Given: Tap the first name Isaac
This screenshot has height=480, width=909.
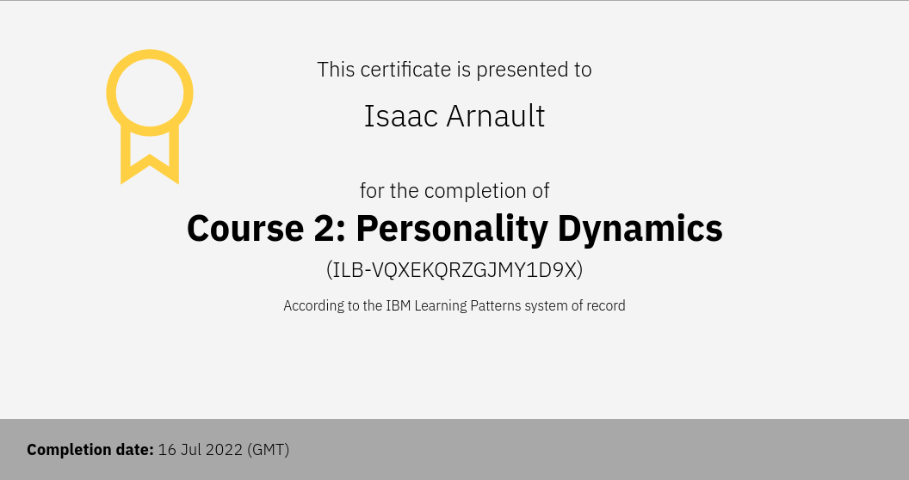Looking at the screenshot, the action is [400, 116].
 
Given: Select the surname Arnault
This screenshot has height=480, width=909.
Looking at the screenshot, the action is [496, 116].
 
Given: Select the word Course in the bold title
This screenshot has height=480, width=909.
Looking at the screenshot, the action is [245, 228].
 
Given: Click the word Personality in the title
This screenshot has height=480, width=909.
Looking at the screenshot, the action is [452, 230].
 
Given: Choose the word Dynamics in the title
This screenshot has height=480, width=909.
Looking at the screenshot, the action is [640, 230].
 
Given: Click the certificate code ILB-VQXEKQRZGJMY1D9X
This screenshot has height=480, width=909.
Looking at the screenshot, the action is [454, 270].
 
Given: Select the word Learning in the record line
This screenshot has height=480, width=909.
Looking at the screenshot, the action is [441, 306].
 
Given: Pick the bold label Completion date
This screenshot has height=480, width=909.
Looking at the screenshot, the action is [90, 450].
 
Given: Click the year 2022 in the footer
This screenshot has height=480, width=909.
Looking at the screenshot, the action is [222, 450].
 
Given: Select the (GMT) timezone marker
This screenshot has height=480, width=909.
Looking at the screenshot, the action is [268, 450].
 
